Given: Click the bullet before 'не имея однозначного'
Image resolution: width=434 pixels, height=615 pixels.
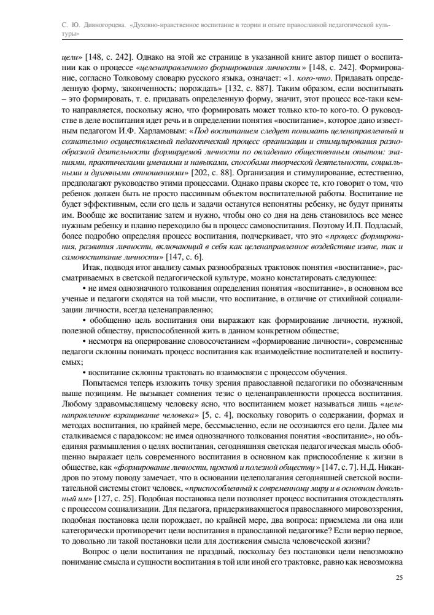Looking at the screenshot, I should click(84, 287).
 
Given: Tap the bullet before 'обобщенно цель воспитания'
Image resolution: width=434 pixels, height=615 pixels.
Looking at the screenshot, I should click(84, 320).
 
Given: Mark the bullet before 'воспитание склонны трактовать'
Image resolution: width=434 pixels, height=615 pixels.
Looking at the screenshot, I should click(84, 371).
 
